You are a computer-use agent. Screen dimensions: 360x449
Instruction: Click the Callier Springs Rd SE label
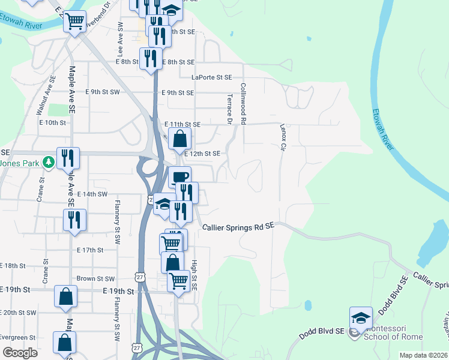coord(238,227)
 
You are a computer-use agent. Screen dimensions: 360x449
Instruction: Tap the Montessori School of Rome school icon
coord(361,318)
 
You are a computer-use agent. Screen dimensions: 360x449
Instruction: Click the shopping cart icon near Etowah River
coord(74,22)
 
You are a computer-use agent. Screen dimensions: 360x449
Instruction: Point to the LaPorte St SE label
coord(211,77)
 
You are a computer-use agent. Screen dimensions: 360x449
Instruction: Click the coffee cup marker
coord(179,177)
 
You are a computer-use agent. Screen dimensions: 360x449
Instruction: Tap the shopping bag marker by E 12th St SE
coord(179,139)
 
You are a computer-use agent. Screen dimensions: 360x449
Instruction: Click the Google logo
coord(20,353)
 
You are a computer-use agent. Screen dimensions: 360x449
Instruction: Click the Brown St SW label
coord(95,279)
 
